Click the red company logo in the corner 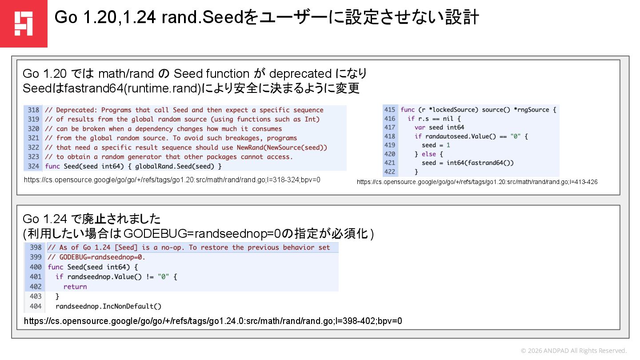[x=23, y=23]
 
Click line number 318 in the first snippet [x=33, y=110]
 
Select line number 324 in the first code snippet [x=33, y=166]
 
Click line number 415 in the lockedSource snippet [x=390, y=109]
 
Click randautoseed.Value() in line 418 [x=456, y=136]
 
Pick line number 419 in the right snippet [x=390, y=145]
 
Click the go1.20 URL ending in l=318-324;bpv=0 [x=172, y=180]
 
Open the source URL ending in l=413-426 [x=477, y=182]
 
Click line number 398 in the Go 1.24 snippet [x=36, y=248]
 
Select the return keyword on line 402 [x=75, y=287]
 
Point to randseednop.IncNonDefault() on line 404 [x=108, y=306]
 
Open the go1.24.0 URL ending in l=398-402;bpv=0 [x=213, y=321]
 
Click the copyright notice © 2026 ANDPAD [x=573, y=351]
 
